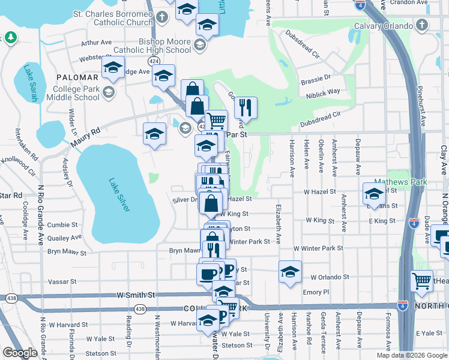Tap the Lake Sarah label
(31, 84)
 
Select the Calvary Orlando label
(383, 26)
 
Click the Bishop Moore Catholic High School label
(152, 46)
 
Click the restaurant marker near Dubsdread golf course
(246, 107)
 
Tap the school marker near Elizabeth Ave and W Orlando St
(290, 271)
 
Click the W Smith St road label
(137, 295)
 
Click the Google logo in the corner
(20, 353)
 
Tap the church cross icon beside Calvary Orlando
(423, 25)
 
